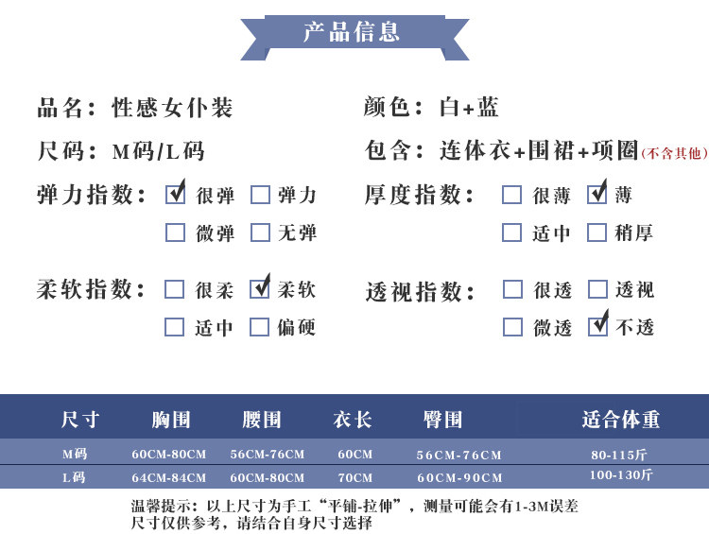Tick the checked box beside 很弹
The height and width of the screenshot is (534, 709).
click(176, 195)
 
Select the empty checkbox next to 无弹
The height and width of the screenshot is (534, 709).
click(260, 233)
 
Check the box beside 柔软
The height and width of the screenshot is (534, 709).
click(260, 289)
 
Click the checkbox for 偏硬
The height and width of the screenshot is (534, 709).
click(260, 327)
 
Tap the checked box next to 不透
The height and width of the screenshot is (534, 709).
click(597, 327)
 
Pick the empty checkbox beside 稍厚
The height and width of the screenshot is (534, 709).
click(597, 233)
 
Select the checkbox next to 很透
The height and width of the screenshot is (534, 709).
click(512, 289)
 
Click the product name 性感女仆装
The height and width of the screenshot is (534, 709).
click(172, 108)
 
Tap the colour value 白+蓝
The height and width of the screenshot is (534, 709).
click(470, 108)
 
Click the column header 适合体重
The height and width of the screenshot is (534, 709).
click(621, 419)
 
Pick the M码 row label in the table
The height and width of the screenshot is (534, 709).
click(75, 454)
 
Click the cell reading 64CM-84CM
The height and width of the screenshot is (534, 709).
click(169, 478)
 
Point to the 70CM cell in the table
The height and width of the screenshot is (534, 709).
click(355, 478)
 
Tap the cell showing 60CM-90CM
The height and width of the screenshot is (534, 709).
click(459, 478)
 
